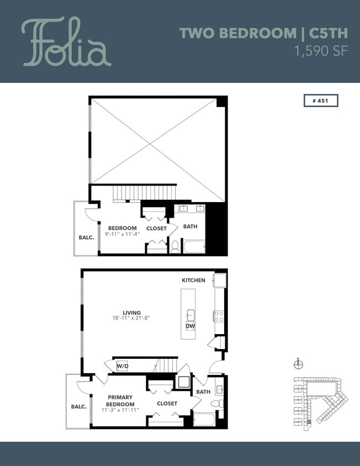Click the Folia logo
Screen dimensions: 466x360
point(66,43)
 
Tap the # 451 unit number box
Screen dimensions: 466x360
point(320,100)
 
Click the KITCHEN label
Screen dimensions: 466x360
point(193,280)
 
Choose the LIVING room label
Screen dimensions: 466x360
point(131,313)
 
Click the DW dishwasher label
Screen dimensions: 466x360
point(190,326)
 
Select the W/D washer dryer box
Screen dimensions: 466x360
point(122,366)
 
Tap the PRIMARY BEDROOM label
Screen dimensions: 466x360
point(120,400)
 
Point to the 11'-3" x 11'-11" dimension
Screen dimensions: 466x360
point(120,410)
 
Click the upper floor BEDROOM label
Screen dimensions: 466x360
point(122,228)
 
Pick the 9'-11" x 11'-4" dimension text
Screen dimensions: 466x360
point(122,234)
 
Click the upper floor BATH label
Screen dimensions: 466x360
point(190,226)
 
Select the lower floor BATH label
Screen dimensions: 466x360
point(203,392)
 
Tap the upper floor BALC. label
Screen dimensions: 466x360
point(86,237)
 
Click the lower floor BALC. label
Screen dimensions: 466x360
point(78,407)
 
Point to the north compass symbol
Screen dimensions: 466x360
point(299,363)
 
